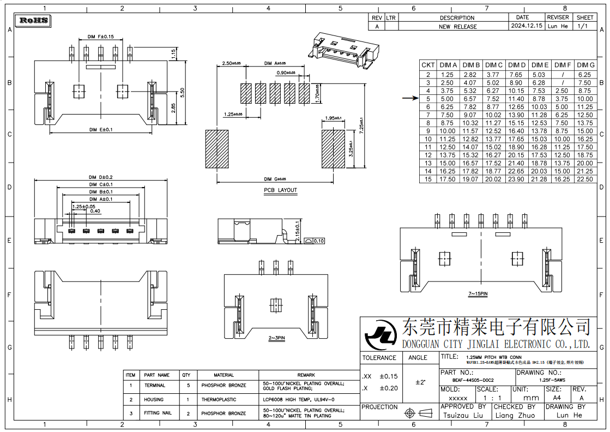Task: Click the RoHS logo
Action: point(34,21)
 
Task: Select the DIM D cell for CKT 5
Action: point(516,99)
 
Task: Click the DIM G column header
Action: point(585,65)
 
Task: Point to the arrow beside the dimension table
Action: point(410,99)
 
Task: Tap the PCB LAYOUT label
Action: point(280,190)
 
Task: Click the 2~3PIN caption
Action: point(276,338)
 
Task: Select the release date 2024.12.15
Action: point(527,26)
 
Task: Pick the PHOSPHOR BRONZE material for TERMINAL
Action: point(224,385)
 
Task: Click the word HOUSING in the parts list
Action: point(154,399)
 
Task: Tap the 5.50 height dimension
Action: point(183,92)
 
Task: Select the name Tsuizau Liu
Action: point(463,415)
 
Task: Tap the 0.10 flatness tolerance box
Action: point(318,241)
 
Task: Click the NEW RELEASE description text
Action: point(458,26)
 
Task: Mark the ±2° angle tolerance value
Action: point(420,382)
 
